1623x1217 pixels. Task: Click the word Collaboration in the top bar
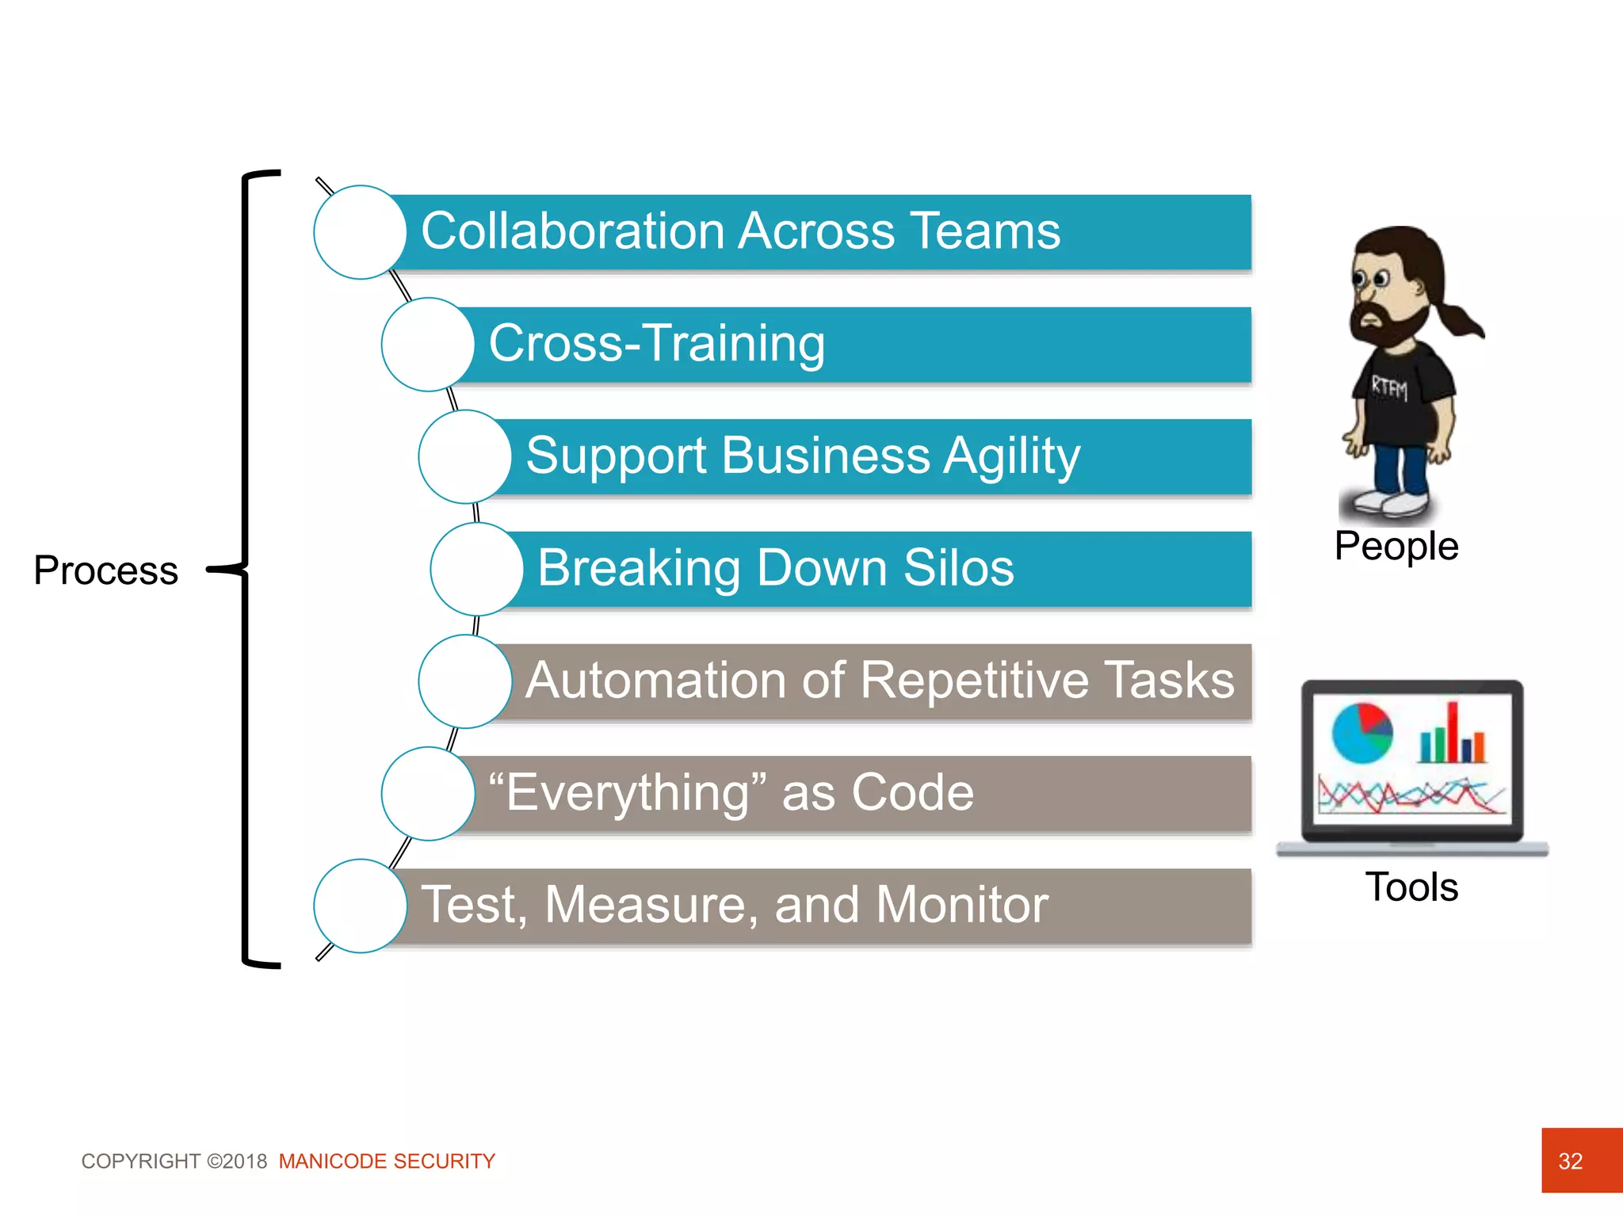pos(572,231)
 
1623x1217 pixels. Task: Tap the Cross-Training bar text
pos(656,344)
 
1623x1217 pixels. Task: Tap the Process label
pos(105,570)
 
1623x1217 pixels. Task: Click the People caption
pos(1396,547)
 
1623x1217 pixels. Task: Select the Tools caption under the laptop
pos(1411,887)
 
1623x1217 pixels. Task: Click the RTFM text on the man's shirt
pos(1389,388)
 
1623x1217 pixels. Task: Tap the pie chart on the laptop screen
pos(1361,733)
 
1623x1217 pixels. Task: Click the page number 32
pos(1570,1162)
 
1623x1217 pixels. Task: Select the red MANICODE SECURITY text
pos(386,1162)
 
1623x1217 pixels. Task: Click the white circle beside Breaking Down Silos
pos(476,569)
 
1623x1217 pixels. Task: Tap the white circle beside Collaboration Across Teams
pos(360,232)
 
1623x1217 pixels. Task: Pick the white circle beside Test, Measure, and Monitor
pos(360,906)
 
